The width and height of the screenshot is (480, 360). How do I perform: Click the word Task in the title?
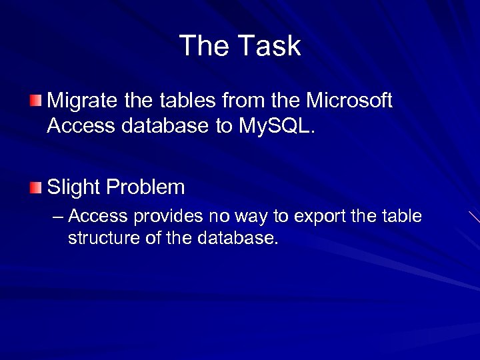point(269,46)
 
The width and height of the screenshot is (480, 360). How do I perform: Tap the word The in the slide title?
point(204,46)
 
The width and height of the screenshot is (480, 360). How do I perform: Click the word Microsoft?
point(349,101)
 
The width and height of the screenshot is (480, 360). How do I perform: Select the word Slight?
point(72,187)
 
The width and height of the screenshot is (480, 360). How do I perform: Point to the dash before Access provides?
point(58,217)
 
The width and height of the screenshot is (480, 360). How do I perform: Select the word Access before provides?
point(99,217)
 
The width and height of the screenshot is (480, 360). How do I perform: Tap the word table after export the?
point(403,217)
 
